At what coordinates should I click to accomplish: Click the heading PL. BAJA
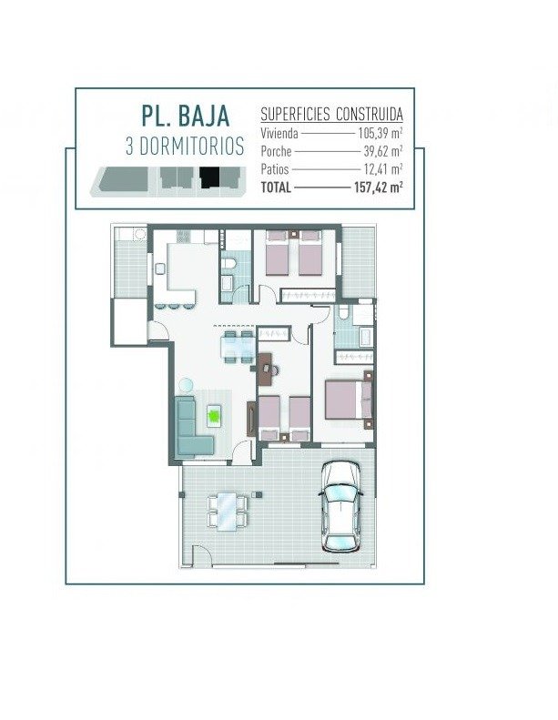pos(185,116)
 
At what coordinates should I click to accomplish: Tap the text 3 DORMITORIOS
pos(185,147)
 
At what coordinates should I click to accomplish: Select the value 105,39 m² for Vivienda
pos(380,133)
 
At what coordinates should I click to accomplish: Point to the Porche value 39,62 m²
pos(383,150)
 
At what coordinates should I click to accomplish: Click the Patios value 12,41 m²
pos(383,169)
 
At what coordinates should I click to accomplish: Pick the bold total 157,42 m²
pos(379,188)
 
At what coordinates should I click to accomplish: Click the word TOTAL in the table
pos(276,188)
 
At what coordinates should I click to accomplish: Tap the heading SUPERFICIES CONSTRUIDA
pos(331,114)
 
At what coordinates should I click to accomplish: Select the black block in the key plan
pos(209,177)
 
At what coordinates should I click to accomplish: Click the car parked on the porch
pos(340,506)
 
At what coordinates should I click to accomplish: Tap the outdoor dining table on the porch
pos(227,511)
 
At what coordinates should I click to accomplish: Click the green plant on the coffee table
pos(214,416)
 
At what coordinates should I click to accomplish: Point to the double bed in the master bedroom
pos(348,400)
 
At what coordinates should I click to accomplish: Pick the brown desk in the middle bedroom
pos(265,369)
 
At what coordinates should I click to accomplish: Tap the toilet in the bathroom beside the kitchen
pos(228,263)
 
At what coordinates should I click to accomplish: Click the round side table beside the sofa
pos(186,385)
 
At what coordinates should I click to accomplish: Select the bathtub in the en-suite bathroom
pos(367,337)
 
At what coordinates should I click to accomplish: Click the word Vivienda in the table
pos(279,133)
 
